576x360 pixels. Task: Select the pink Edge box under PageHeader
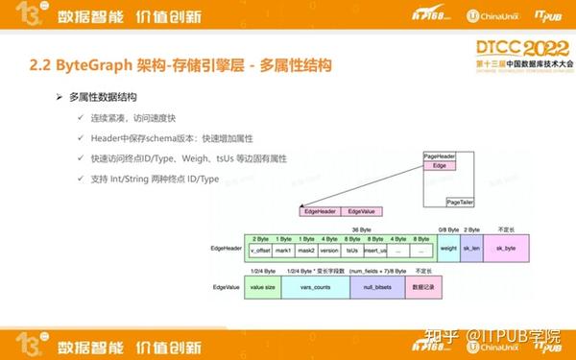point(439,165)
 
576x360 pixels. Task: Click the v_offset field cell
point(259,250)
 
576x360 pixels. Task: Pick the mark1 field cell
point(283,250)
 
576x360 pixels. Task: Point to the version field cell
point(329,250)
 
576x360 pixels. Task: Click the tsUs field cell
point(352,250)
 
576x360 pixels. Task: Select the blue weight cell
point(448,249)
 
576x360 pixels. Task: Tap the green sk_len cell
point(471,249)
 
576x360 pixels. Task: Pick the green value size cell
point(263,286)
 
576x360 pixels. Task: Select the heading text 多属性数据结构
point(104,98)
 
